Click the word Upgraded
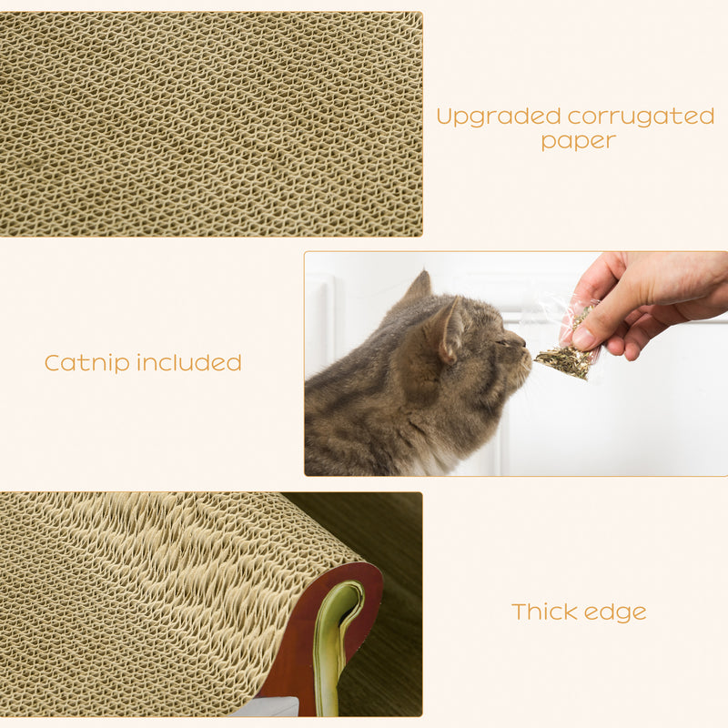pos(498,117)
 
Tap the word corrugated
pos(641,117)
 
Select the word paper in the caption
pos(578,141)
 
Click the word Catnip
pos(87,363)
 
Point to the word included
pos(189,363)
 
